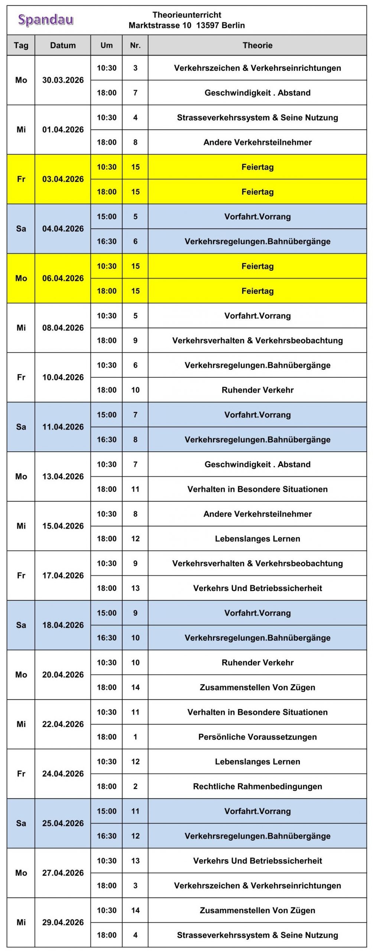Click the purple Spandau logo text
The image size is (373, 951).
tap(46, 20)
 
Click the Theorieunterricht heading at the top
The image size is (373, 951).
tap(186, 15)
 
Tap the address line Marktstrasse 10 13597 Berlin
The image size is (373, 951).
tap(186, 25)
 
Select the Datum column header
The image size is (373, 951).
tap(63, 45)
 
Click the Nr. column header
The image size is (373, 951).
tap(135, 45)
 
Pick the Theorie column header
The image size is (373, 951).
tap(257, 45)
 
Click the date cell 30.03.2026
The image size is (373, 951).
tap(63, 80)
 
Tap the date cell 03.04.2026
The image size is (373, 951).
tap(63, 179)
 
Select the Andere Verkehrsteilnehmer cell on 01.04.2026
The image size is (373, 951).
tap(257, 142)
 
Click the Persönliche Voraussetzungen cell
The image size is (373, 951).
tap(257, 737)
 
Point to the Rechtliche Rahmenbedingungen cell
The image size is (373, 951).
tap(257, 786)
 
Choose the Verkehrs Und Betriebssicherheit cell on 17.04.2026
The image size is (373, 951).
tap(257, 588)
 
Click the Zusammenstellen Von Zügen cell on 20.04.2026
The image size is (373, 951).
tap(257, 687)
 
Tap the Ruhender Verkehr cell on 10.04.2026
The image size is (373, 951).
tap(257, 390)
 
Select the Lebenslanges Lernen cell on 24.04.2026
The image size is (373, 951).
tap(257, 762)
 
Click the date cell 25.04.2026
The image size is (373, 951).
tap(63, 823)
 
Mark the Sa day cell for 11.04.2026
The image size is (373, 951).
tap(21, 427)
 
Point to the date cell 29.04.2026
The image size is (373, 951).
tap(63, 922)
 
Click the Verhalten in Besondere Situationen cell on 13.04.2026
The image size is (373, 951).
tap(257, 489)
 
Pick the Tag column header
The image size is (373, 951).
tap(21, 45)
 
